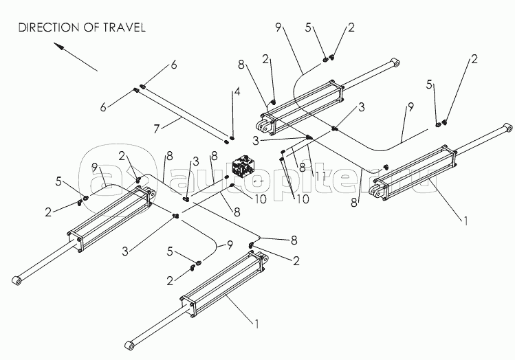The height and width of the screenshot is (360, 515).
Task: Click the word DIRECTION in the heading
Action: [47, 28]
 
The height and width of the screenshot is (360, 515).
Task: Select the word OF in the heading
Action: [89, 28]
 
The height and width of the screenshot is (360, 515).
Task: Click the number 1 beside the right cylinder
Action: [465, 221]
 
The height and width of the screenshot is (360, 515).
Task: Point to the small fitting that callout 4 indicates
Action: [232, 135]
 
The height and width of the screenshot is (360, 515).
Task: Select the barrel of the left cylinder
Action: [113, 218]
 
